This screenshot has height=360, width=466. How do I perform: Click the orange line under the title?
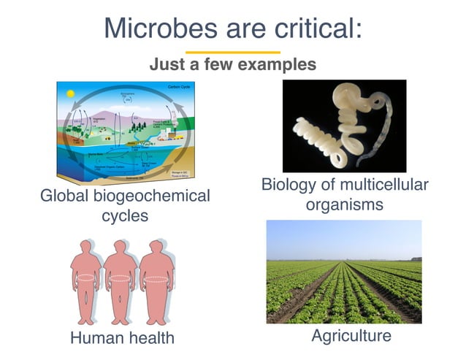tap(232, 53)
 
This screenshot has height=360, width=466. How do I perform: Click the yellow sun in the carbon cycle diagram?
tap(70, 94)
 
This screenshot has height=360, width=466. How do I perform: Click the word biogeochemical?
tap(153, 196)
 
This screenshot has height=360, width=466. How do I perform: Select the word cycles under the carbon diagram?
tap(125, 216)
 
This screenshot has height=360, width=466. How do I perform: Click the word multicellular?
tap(374, 185)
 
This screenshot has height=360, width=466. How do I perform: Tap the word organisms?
tap(344, 204)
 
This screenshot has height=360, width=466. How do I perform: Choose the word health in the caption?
tap(150, 337)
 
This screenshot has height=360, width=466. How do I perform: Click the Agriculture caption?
tap(351, 336)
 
